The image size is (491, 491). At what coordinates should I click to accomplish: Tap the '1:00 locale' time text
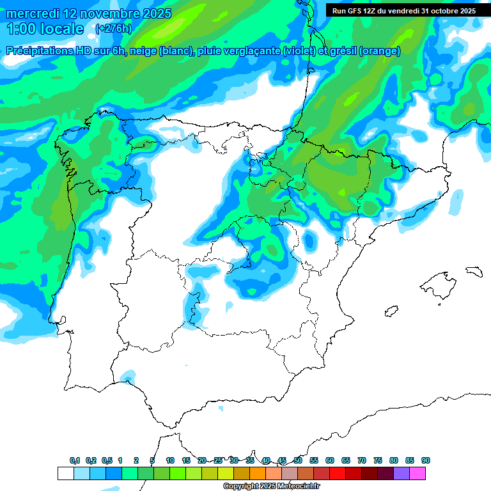point(45,29)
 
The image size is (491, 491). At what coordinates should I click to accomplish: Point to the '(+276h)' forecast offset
point(113,28)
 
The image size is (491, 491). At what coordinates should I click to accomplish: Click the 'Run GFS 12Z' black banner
point(403,10)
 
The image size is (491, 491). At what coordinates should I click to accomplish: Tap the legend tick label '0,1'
point(75,460)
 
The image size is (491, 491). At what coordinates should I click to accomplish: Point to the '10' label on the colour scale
point(170,460)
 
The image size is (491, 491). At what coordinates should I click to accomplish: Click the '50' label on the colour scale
point(298,460)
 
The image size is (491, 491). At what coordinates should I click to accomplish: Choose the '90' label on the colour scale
point(426,460)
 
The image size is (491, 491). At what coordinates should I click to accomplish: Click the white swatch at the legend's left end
point(65,473)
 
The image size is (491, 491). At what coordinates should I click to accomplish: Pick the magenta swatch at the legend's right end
point(417,473)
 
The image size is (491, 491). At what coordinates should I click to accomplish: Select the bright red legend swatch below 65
point(338,473)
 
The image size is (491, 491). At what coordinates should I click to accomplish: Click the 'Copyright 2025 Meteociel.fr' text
point(270,487)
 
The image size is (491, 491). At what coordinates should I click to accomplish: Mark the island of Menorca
point(474,271)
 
